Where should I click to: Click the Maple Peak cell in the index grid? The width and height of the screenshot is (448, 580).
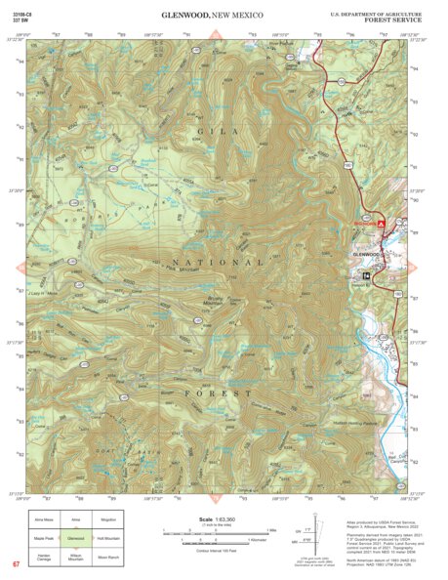pos(43,537)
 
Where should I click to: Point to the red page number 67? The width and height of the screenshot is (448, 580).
pos(16,564)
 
